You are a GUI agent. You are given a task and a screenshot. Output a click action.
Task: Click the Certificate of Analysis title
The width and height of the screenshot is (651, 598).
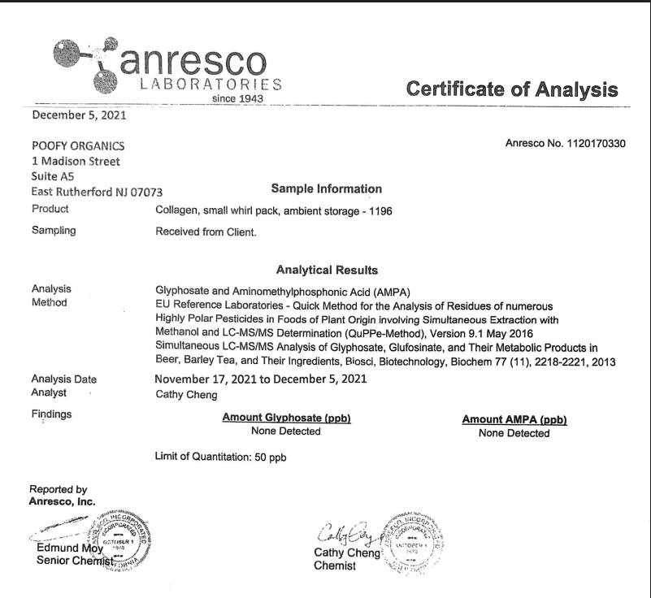[x=512, y=89]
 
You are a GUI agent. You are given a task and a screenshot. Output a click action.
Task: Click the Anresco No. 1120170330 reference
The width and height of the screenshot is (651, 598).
[x=566, y=144]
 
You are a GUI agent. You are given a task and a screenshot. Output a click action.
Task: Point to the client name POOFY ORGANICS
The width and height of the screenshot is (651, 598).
[x=78, y=145]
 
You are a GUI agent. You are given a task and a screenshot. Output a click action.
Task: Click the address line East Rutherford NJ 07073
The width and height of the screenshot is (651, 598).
[x=97, y=192]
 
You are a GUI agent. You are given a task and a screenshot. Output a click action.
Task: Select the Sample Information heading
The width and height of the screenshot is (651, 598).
[x=326, y=188]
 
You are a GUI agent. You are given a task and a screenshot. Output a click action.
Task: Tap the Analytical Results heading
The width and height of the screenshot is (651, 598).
[x=327, y=270]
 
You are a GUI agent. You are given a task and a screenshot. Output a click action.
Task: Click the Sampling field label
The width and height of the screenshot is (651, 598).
[x=54, y=230]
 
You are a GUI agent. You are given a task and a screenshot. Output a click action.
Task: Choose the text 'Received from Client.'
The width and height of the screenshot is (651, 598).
[x=206, y=232]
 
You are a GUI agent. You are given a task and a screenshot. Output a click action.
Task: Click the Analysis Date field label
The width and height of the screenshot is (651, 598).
[x=63, y=379]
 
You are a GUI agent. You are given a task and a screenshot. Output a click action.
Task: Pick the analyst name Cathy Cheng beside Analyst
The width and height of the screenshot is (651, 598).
[x=186, y=394]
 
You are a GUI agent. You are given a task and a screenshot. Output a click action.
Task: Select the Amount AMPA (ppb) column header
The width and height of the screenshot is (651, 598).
[x=514, y=419]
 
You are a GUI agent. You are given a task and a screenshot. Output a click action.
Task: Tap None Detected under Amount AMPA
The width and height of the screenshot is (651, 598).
[x=514, y=433]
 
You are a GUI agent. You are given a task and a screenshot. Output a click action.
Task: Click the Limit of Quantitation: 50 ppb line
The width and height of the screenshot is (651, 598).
[x=220, y=457]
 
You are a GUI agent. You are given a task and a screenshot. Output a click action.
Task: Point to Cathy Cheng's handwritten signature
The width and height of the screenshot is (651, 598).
[x=345, y=535]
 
